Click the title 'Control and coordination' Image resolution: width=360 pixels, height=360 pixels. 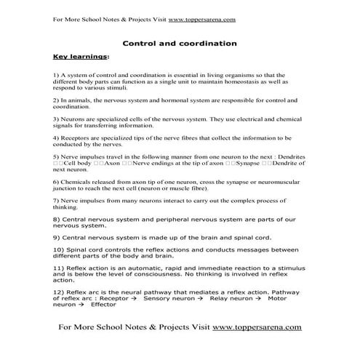(x=179, y=43)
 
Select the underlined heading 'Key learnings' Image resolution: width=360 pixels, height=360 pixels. (x=79, y=56)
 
